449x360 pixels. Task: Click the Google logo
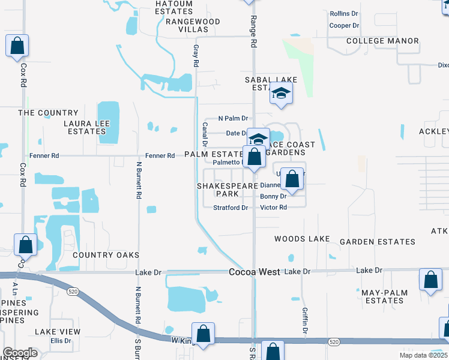point(20,353)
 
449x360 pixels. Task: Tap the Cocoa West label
point(255,272)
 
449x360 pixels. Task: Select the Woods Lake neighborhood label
point(302,239)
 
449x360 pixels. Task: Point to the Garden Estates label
point(377,242)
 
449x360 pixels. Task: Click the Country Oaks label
point(106,255)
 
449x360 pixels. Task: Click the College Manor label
point(382,41)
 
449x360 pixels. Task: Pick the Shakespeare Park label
point(227,190)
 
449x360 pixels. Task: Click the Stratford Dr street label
point(231,208)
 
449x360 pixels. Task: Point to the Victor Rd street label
point(273,208)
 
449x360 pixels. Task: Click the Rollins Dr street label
point(344,13)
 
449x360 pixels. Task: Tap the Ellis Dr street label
point(61,341)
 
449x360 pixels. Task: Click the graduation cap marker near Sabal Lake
point(281,93)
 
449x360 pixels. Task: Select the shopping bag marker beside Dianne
point(292,179)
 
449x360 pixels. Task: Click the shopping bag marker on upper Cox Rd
point(17,46)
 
